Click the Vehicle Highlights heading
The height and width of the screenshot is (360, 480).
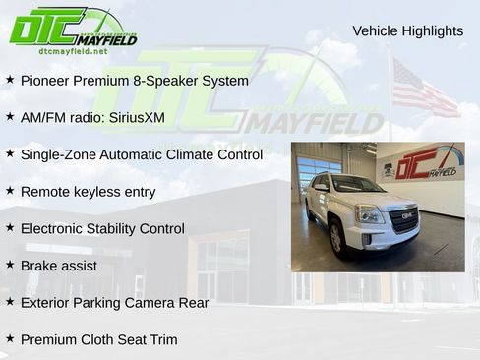[407, 31]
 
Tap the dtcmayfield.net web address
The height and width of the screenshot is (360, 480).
[73, 50]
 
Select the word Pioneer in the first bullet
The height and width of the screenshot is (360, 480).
[46, 81]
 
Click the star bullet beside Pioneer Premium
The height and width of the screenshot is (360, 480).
[10, 80]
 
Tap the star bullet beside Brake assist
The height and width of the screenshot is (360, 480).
[10, 265]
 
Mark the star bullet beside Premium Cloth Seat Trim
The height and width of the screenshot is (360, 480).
[10, 338]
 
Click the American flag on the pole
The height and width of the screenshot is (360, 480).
[423, 89]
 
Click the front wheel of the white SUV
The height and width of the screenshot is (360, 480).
[337, 237]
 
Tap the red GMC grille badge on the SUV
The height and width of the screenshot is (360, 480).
[404, 213]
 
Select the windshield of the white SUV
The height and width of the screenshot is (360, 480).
[358, 185]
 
